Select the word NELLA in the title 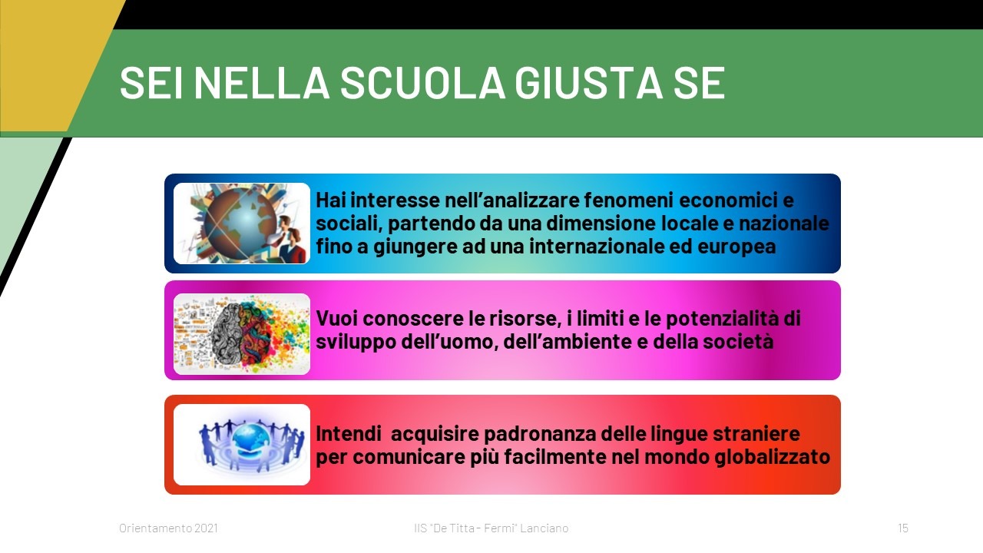tap(262, 82)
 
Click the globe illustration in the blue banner tap(242, 224)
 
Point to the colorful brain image tap(242, 334)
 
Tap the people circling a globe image tap(242, 445)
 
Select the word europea tap(736, 247)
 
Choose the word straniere tap(756, 434)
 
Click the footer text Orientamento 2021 tap(168, 528)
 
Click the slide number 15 tap(903, 528)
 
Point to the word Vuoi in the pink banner tap(336, 319)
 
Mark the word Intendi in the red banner tap(349, 434)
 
